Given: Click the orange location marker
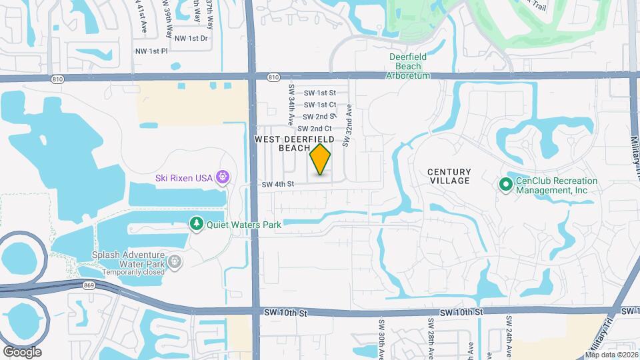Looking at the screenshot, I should (x=321, y=159).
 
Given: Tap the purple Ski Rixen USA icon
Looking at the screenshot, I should (x=223, y=177).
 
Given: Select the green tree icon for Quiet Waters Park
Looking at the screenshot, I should (x=196, y=224).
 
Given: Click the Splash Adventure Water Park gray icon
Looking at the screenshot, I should (x=175, y=262).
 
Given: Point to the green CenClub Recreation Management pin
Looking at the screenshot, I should (x=505, y=185).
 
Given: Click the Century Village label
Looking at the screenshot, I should (x=449, y=176).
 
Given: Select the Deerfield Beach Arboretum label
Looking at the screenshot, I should (x=408, y=66).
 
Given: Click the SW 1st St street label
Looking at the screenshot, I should (x=319, y=93).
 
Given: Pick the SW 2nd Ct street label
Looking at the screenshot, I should (x=315, y=129).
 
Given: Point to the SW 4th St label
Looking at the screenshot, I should (x=278, y=185).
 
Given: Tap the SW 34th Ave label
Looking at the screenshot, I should (x=291, y=105).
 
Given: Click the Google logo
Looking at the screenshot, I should (x=22, y=352).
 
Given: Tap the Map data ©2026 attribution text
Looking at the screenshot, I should (x=611, y=355).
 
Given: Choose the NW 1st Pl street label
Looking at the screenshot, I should (x=151, y=51).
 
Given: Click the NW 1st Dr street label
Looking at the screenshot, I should (x=191, y=39).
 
